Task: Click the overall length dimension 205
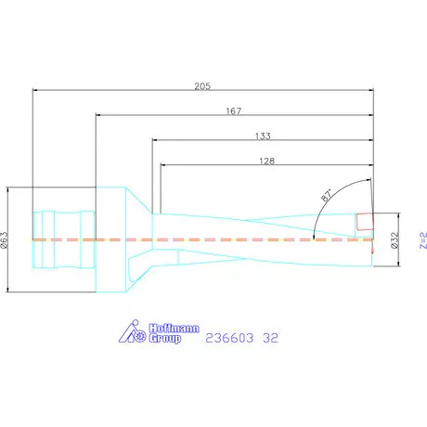[203, 85]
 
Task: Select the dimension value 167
[233, 111]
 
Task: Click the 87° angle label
[328, 197]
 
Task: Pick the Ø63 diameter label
[6, 240]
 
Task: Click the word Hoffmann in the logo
[166, 326]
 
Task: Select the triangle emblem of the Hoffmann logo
[134, 331]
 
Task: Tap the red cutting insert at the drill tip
[366, 222]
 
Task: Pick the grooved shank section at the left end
[63, 239]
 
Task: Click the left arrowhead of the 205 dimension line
[34, 91]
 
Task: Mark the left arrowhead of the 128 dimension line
[163, 166]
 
